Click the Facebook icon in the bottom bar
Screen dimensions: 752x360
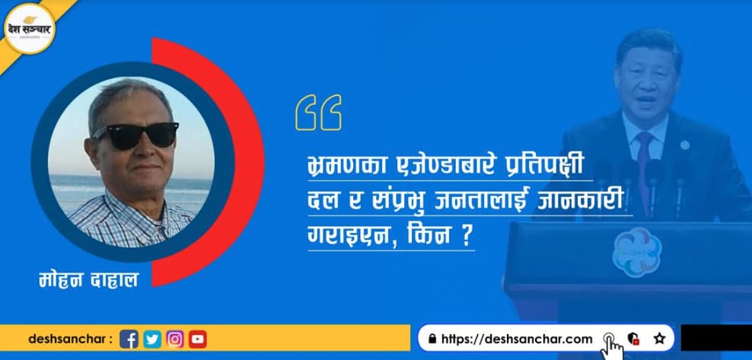[129, 339]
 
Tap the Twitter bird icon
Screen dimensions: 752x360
[152, 339]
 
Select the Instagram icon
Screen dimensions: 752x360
[175, 339]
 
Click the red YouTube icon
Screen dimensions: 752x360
[198, 339]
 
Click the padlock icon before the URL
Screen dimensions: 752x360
[432, 339]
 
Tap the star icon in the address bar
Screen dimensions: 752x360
[660, 339]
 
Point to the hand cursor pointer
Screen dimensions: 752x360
[611, 347]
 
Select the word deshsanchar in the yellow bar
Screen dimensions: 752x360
[67, 339]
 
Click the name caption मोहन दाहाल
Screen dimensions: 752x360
[89, 279]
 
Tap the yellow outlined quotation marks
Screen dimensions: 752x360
[318, 112]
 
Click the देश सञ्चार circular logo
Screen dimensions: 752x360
[30, 28]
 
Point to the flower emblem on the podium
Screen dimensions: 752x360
[636, 252]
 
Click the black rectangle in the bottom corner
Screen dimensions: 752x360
[716, 337]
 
